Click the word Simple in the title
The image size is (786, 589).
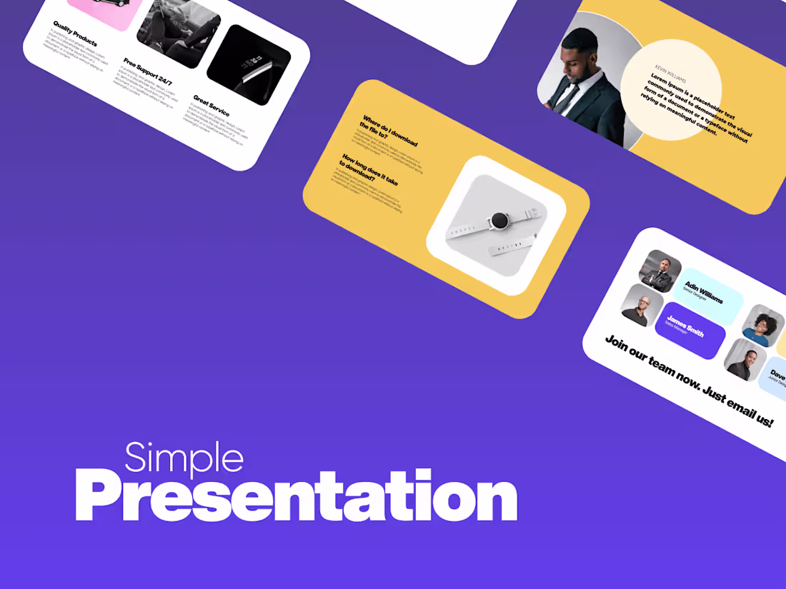tap(184, 458)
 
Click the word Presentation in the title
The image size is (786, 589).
tap(296, 498)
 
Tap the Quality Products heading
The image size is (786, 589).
tap(75, 33)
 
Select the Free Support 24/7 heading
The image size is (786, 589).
tap(148, 72)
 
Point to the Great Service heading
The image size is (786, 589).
tap(211, 105)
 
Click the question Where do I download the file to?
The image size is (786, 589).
tap(389, 131)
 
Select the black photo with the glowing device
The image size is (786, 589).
tap(249, 65)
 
